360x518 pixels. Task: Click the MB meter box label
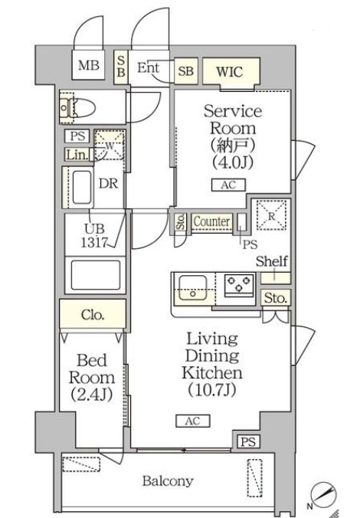click(x=89, y=65)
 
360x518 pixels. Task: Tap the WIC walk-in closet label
click(x=230, y=71)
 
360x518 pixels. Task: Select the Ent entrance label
click(x=149, y=67)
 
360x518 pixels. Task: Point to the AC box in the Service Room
click(x=228, y=185)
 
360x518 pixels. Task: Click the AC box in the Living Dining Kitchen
click(x=193, y=421)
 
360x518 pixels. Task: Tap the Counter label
click(x=211, y=221)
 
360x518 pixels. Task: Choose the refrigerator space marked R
click(x=271, y=215)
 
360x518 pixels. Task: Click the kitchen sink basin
click(x=193, y=287)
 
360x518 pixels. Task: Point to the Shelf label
click(x=271, y=261)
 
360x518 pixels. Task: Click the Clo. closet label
click(x=93, y=315)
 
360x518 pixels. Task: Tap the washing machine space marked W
click(x=110, y=145)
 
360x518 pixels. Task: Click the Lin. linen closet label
click(x=77, y=155)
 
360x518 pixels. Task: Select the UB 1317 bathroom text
click(x=94, y=236)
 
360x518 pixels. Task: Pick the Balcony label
click(x=168, y=480)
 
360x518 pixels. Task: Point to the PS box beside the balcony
click(x=248, y=441)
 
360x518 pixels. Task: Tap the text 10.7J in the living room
click(x=212, y=390)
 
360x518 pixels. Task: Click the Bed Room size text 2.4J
click(x=92, y=395)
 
